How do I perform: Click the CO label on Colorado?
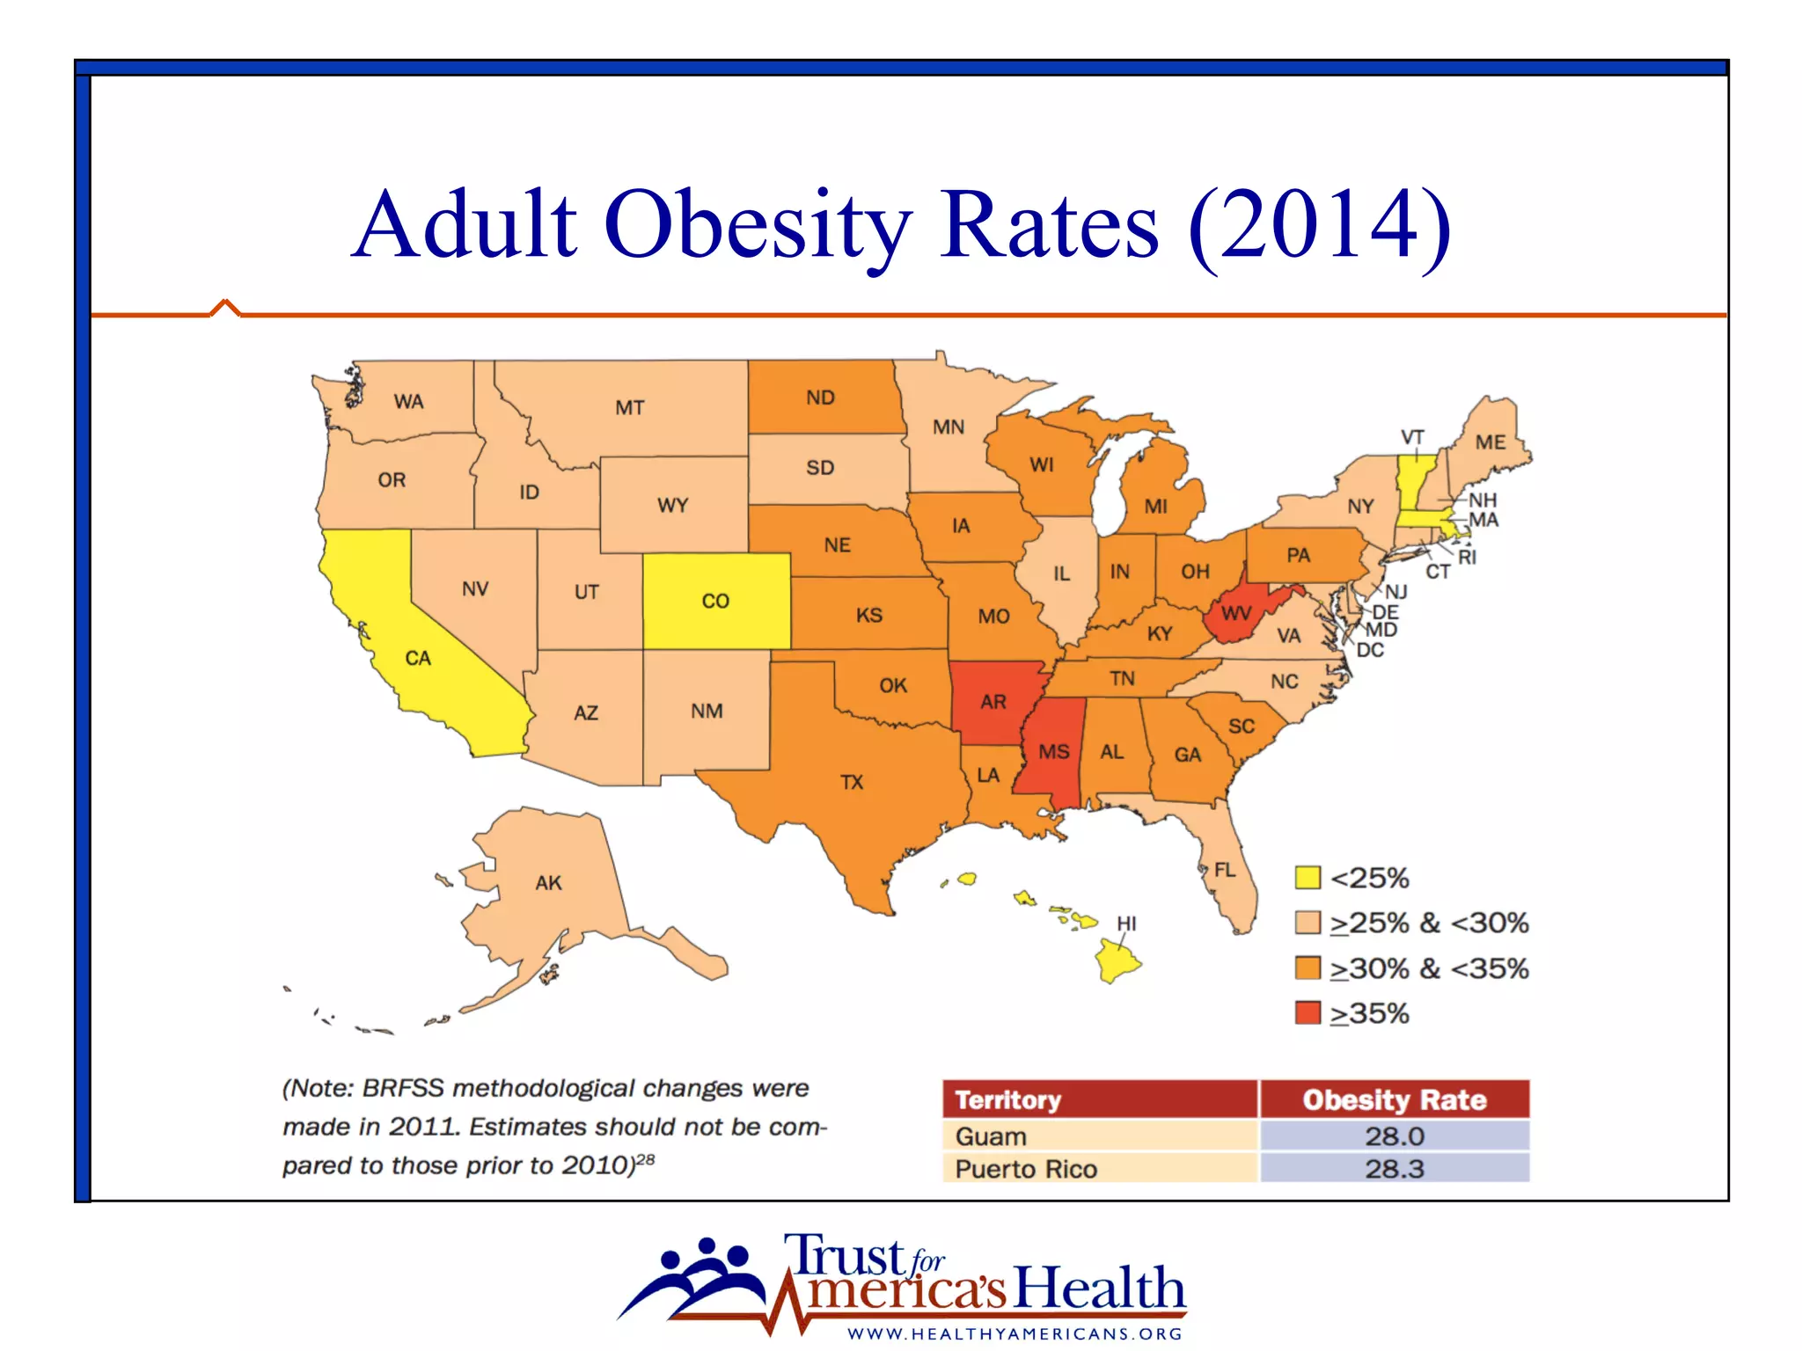tap(715, 601)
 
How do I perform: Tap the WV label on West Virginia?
tap(1236, 613)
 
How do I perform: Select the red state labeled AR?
tap(993, 701)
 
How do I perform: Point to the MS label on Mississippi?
tap(1053, 752)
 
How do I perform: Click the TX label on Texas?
tap(852, 782)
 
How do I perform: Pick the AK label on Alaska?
tap(548, 882)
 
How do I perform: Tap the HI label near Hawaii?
tap(1126, 924)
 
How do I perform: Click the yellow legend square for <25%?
tap(1308, 878)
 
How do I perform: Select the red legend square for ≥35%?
tap(1308, 1013)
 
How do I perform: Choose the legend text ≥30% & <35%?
tap(1429, 968)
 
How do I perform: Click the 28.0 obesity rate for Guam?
tap(1394, 1136)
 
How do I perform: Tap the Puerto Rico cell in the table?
tap(1026, 1169)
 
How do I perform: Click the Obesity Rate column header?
tap(1394, 1099)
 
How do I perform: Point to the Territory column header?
tap(1008, 1099)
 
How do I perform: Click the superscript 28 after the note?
tap(645, 1159)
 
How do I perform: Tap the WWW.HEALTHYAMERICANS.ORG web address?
tap(1015, 1333)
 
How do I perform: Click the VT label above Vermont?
tap(1411, 437)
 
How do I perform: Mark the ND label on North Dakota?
tap(820, 398)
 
